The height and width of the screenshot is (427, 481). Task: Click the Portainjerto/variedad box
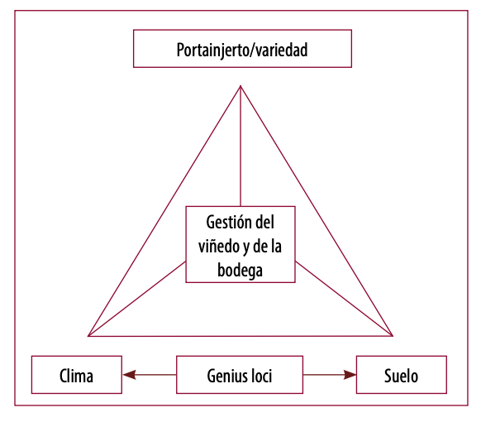[x=242, y=49]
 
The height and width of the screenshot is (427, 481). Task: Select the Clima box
[x=76, y=375]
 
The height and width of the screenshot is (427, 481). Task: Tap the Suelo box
[x=401, y=375]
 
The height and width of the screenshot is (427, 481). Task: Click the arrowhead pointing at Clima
[x=129, y=375]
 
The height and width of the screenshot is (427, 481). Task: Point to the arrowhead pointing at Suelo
[x=350, y=375]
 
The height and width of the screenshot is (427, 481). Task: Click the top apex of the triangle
[x=240, y=86]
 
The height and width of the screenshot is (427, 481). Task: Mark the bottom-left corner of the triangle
[x=88, y=335]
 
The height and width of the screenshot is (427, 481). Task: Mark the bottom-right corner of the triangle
[x=393, y=335]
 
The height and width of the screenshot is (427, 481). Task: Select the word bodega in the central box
[x=240, y=270]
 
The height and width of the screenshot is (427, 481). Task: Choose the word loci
[x=260, y=376]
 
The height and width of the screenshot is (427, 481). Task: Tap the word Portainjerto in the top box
[x=212, y=50]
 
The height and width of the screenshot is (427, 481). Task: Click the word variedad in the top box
[x=279, y=50]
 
